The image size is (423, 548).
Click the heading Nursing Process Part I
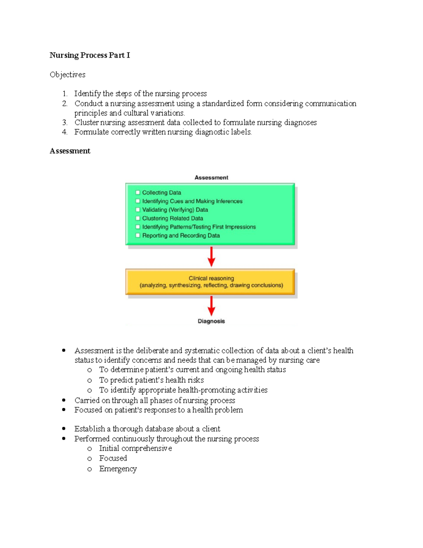90,55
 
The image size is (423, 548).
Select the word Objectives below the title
68,74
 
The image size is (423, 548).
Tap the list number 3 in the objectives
65,122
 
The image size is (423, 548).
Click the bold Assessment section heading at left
70,151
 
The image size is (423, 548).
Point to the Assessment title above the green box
211,177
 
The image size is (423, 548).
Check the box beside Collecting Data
138,193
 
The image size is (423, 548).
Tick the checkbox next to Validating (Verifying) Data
138,210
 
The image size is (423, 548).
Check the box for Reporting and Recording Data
138,235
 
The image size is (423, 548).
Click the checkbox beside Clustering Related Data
138,218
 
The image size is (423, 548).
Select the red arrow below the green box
211,257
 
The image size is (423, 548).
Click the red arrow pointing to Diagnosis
211,306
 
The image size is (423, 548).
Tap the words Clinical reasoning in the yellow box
211,278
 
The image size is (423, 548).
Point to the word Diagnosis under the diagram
211,321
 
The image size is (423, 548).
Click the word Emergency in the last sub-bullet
118,469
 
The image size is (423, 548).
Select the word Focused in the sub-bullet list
113,458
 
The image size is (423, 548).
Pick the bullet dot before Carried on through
64,400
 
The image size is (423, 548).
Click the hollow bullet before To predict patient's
90,380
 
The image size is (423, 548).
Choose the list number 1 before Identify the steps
65,94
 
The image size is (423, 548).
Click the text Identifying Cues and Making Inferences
192,201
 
